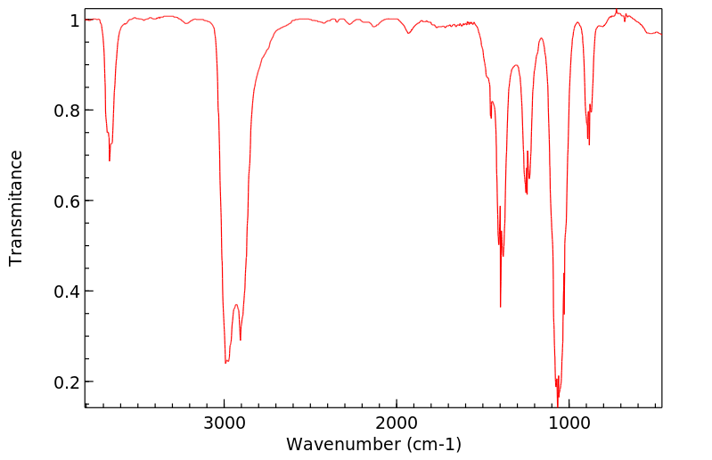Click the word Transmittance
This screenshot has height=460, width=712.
(16, 208)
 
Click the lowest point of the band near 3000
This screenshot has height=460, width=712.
(225, 363)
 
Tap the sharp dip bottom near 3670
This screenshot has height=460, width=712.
(110, 160)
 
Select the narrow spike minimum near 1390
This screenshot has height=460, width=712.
(501, 307)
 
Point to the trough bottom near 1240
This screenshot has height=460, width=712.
(527, 193)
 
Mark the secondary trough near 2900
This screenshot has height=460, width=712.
(240, 340)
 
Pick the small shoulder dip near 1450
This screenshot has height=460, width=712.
(491, 118)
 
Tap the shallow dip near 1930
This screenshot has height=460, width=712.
(409, 33)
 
